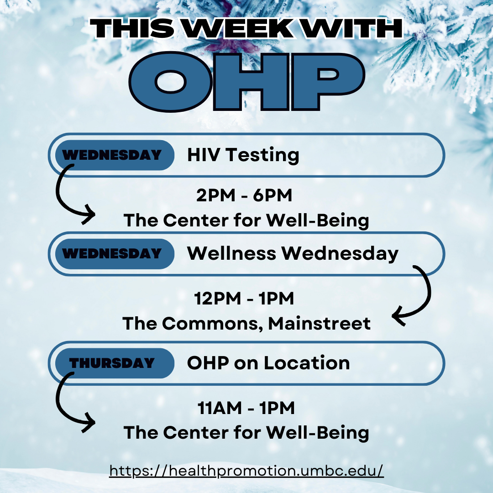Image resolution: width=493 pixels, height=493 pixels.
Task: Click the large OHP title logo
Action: [x=247, y=82]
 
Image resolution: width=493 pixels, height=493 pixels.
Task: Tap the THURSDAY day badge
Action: [x=115, y=363]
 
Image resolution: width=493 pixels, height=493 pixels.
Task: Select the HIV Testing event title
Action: [x=243, y=155]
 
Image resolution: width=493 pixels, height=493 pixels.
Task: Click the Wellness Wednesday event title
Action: [x=293, y=253]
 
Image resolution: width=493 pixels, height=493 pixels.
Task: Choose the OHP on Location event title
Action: [x=268, y=363]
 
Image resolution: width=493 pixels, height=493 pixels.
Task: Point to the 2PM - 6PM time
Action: [x=244, y=195]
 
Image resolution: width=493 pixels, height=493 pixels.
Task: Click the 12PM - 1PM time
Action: [x=244, y=299]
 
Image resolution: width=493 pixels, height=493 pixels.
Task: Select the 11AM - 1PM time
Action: [x=246, y=408]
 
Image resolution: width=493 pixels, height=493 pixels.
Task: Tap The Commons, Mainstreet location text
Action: [x=246, y=324]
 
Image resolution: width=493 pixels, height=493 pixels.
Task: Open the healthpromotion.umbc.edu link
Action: [x=246, y=471]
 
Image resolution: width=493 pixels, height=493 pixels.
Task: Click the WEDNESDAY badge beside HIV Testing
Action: [x=115, y=155]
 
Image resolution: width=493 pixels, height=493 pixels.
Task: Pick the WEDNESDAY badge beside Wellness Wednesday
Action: [x=115, y=254]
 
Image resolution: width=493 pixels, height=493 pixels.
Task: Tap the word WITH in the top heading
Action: [x=352, y=28]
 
